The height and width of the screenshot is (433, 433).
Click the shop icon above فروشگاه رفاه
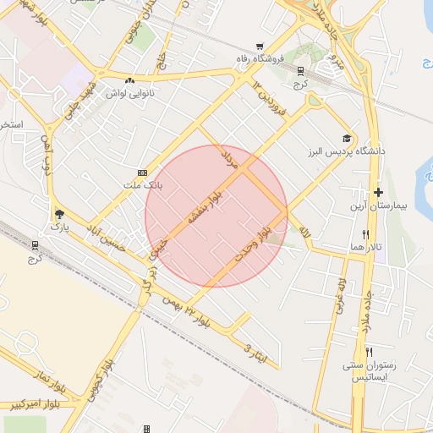click(x=259, y=47)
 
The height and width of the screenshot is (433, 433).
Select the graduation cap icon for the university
click(x=347, y=138)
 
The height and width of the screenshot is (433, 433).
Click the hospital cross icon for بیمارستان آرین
click(x=378, y=193)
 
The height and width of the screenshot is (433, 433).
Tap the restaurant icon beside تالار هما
click(x=365, y=234)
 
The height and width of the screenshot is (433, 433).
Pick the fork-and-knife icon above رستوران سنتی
click(x=369, y=352)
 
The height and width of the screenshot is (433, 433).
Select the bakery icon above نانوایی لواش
click(x=129, y=80)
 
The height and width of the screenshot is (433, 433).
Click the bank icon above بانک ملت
click(x=142, y=171)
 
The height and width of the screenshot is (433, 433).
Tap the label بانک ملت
click(x=143, y=183)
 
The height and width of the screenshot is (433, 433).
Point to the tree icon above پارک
click(x=58, y=214)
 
